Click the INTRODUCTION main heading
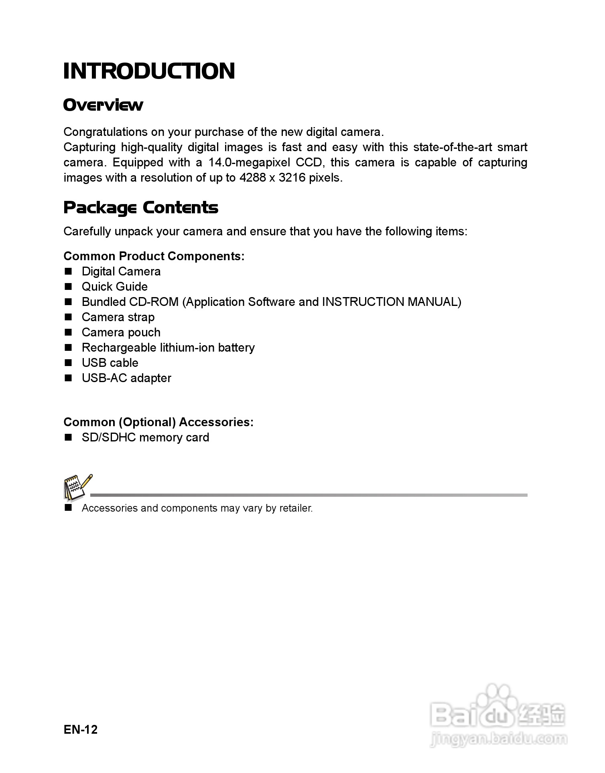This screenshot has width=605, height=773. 149,71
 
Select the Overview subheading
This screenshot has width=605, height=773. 103,105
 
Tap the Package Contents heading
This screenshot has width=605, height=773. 141,208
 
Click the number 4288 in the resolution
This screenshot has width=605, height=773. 252,178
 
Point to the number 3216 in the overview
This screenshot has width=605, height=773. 292,178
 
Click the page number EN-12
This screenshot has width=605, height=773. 80,729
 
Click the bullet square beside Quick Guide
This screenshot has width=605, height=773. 68,287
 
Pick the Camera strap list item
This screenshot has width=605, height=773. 118,317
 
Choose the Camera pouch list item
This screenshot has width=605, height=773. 121,332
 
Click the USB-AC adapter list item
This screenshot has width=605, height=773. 126,378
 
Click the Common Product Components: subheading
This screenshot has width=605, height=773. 154,256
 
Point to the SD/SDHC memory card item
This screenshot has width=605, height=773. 145,437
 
